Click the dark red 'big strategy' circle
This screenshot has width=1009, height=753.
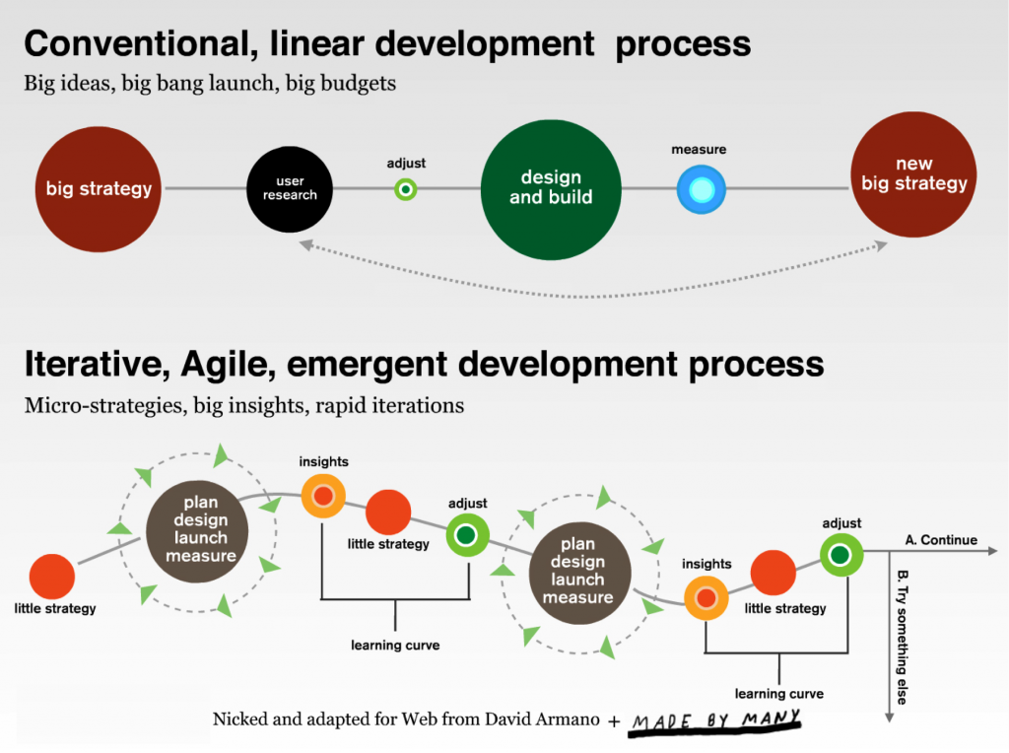coord(99,188)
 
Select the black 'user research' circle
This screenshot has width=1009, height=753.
coord(290,188)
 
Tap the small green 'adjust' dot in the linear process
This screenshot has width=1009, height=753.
coord(406,189)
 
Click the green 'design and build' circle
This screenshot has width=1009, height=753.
coord(551,188)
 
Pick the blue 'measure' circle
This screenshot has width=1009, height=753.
coord(701,189)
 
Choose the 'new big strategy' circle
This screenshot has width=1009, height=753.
coord(913,175)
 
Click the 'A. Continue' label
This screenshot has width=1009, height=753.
coord(941,540)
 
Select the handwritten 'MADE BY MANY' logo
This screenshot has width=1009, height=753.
coord(715,720)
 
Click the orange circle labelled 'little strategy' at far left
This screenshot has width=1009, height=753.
coord(52,577)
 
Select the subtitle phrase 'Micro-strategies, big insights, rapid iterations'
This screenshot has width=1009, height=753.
coord(244,405)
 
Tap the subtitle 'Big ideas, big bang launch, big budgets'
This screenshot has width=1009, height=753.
coord(210,84)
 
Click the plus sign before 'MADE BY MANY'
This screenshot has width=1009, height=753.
coord(615,721)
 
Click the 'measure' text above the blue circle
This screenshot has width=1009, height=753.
coord(699,150)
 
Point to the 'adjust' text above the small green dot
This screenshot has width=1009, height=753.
coord(406,164)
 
